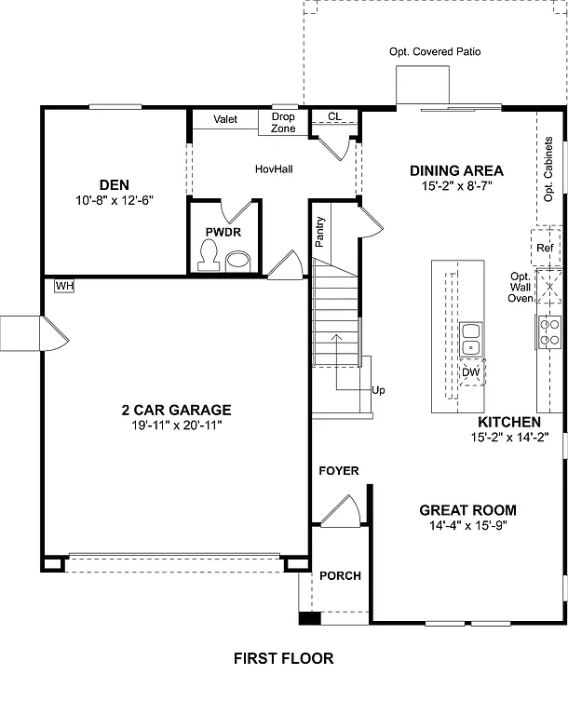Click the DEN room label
(114, 183)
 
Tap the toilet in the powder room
(210, 252)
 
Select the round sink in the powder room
(238, 260)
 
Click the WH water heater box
(64, 286)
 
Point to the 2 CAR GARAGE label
(176, 410)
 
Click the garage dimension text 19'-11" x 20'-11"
(176, 425)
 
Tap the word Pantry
(320, 232)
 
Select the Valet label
(225, 119)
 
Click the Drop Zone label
(283, 122)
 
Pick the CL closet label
(335, 116)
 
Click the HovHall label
(275, 169)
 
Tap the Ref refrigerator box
(546, 249)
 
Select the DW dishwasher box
(471, 372)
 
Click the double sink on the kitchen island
(471, 338)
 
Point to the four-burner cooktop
(548, 332)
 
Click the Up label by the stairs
(378, 390)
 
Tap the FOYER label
(339, 471)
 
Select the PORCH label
(340, 575)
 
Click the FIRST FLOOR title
(283, 658)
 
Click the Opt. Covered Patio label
(436, 52)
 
